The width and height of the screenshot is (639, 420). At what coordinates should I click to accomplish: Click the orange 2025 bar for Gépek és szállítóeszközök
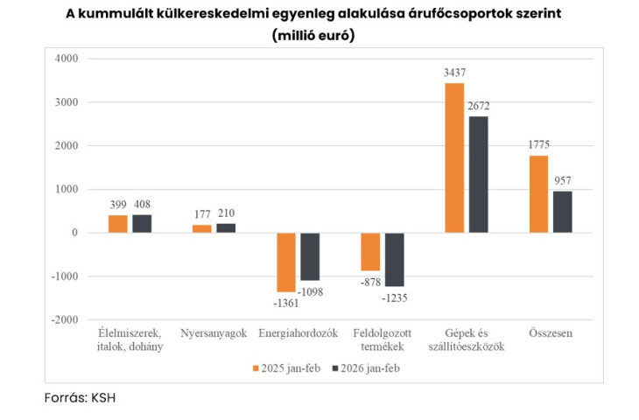454,157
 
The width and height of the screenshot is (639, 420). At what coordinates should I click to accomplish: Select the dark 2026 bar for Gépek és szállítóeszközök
478,174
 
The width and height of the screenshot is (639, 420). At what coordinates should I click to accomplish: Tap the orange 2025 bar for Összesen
538,193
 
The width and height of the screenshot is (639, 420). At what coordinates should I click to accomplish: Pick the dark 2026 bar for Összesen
562,212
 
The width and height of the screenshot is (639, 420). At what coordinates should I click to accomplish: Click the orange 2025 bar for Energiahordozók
286,262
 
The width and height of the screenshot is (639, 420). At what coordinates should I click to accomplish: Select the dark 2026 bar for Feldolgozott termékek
394,260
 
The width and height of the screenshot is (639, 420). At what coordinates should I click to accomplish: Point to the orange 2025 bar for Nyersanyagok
202,228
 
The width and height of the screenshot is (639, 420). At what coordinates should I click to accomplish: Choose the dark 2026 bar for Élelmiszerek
142,224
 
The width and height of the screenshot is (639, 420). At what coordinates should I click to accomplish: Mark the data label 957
562,181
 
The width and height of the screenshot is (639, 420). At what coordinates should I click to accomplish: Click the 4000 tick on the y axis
66,59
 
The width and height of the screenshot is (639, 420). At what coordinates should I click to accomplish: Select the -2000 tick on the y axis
63,320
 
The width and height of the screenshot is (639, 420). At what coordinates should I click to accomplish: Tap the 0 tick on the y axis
74,233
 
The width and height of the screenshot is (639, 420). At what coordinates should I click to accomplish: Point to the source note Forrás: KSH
80,397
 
